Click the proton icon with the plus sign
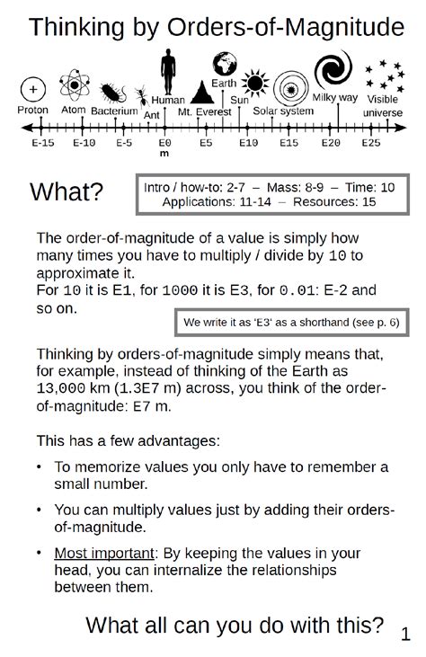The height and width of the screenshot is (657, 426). pos(33,90)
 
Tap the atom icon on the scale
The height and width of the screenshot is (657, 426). pos(73,88)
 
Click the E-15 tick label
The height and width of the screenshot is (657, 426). pos(42,143)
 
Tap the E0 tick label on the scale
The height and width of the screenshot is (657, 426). pos(164,143)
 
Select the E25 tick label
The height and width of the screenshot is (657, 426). pos(370,143)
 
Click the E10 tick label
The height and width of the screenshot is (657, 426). pos(247,143)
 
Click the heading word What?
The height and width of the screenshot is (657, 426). pos(67,191)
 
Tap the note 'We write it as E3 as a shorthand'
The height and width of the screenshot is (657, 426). pos(289,321)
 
